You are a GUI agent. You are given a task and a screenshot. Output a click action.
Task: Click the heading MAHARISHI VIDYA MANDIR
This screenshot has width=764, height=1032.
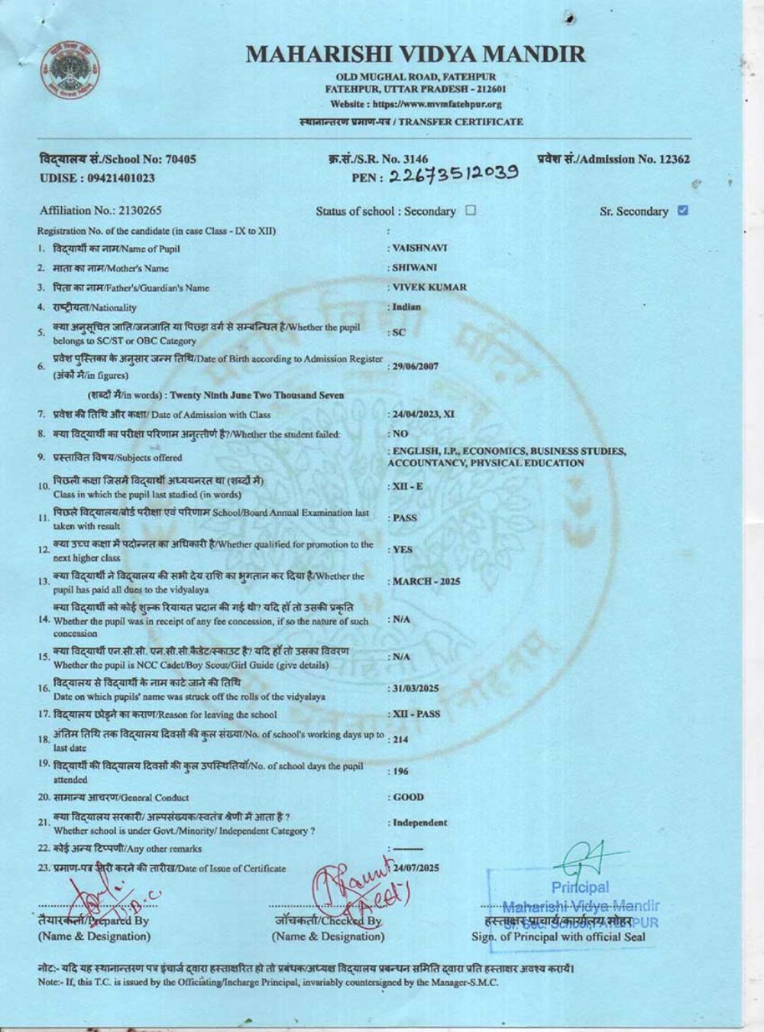coord(416,54)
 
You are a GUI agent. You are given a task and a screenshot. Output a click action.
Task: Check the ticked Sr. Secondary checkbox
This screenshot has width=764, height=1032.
coord(683,210)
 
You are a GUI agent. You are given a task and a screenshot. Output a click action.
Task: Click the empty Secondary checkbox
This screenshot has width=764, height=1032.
coord(471,210)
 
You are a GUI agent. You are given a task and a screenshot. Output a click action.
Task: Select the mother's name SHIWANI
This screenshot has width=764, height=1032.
coord(414,268)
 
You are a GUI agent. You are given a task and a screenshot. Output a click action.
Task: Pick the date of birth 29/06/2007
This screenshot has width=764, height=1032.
coord(416,366)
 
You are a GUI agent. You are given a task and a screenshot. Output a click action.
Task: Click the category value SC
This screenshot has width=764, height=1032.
coord(398,333)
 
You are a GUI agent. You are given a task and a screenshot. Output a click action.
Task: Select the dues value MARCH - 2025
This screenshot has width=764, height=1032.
coord(426,582)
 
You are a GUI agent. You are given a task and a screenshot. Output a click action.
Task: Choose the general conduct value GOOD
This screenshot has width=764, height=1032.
coord(408,797)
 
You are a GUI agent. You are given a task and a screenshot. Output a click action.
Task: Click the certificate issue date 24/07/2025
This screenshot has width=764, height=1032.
coord(416,868)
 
